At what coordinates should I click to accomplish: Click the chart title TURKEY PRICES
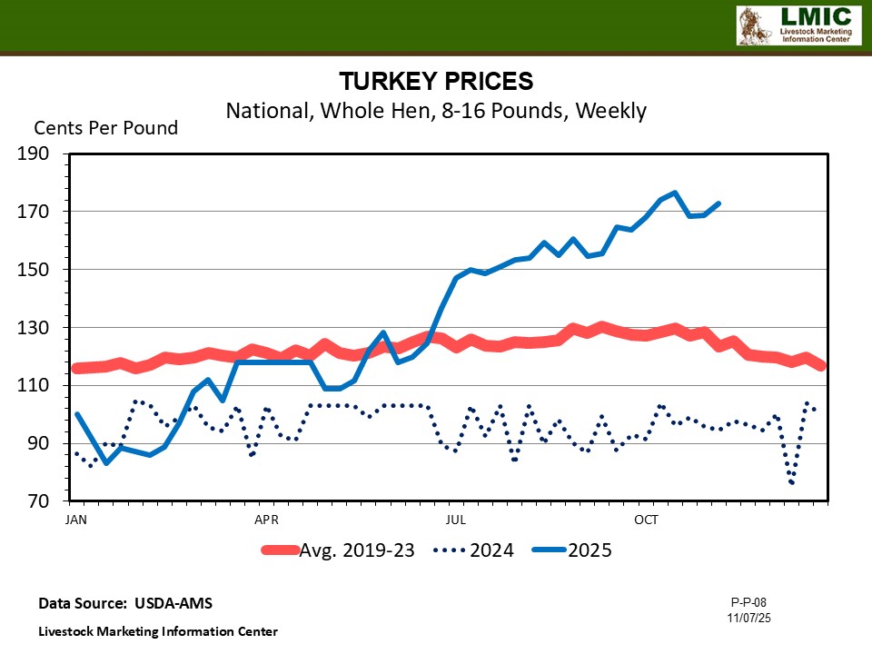point(436,81)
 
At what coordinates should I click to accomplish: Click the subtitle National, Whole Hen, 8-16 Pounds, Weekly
point(436,111)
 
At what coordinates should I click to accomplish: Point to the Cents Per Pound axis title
point(106,128)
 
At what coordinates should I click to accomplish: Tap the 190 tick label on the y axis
point(35,154)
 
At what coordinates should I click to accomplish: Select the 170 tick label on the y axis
point(35,212)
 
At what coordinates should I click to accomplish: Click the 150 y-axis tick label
point(35,270)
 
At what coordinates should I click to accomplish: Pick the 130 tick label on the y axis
point(35,328)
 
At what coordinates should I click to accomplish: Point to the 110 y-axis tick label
point(35,386)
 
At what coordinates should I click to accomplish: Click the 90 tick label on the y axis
point(40,444)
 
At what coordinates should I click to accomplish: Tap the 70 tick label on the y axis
point(40,502)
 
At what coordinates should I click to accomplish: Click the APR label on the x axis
point(266,520)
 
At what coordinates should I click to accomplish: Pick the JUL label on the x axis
point(456,520)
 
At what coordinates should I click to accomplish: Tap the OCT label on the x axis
point(646,520)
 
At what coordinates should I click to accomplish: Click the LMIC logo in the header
point(797,25)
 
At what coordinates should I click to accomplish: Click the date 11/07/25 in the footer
point(749,617)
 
